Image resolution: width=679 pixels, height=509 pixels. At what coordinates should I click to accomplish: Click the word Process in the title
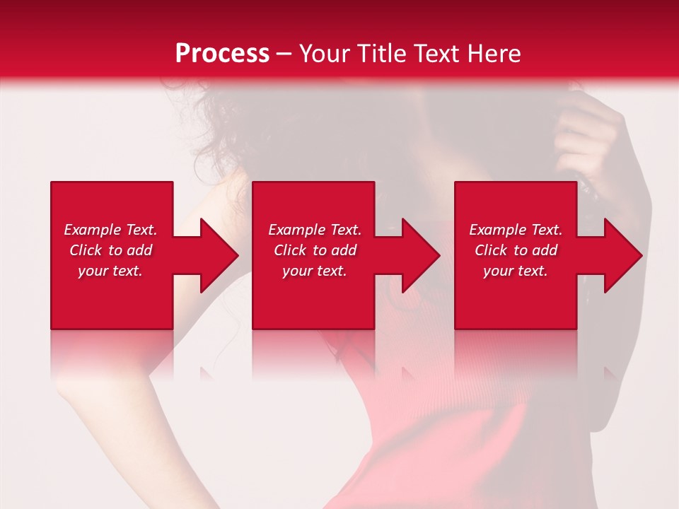222,54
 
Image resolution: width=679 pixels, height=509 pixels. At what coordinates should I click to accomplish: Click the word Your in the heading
326,54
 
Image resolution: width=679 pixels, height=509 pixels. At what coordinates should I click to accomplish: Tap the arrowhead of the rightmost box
622,255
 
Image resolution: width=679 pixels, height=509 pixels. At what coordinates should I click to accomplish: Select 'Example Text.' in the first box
110,230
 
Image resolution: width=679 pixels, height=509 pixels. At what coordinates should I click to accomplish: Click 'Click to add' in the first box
110,250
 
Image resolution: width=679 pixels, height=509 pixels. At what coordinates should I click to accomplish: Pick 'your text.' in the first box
110,271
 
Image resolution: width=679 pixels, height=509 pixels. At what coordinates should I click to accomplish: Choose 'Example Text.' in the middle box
315,230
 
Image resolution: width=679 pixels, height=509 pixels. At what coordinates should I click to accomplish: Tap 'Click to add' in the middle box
315,250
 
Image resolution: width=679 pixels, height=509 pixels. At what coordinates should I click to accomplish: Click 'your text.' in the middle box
315,271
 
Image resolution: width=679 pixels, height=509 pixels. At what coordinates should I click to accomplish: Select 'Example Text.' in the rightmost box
516,230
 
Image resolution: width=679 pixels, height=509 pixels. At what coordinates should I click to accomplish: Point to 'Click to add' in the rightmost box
516,250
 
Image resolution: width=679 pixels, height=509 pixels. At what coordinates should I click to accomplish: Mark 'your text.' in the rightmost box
516,271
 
